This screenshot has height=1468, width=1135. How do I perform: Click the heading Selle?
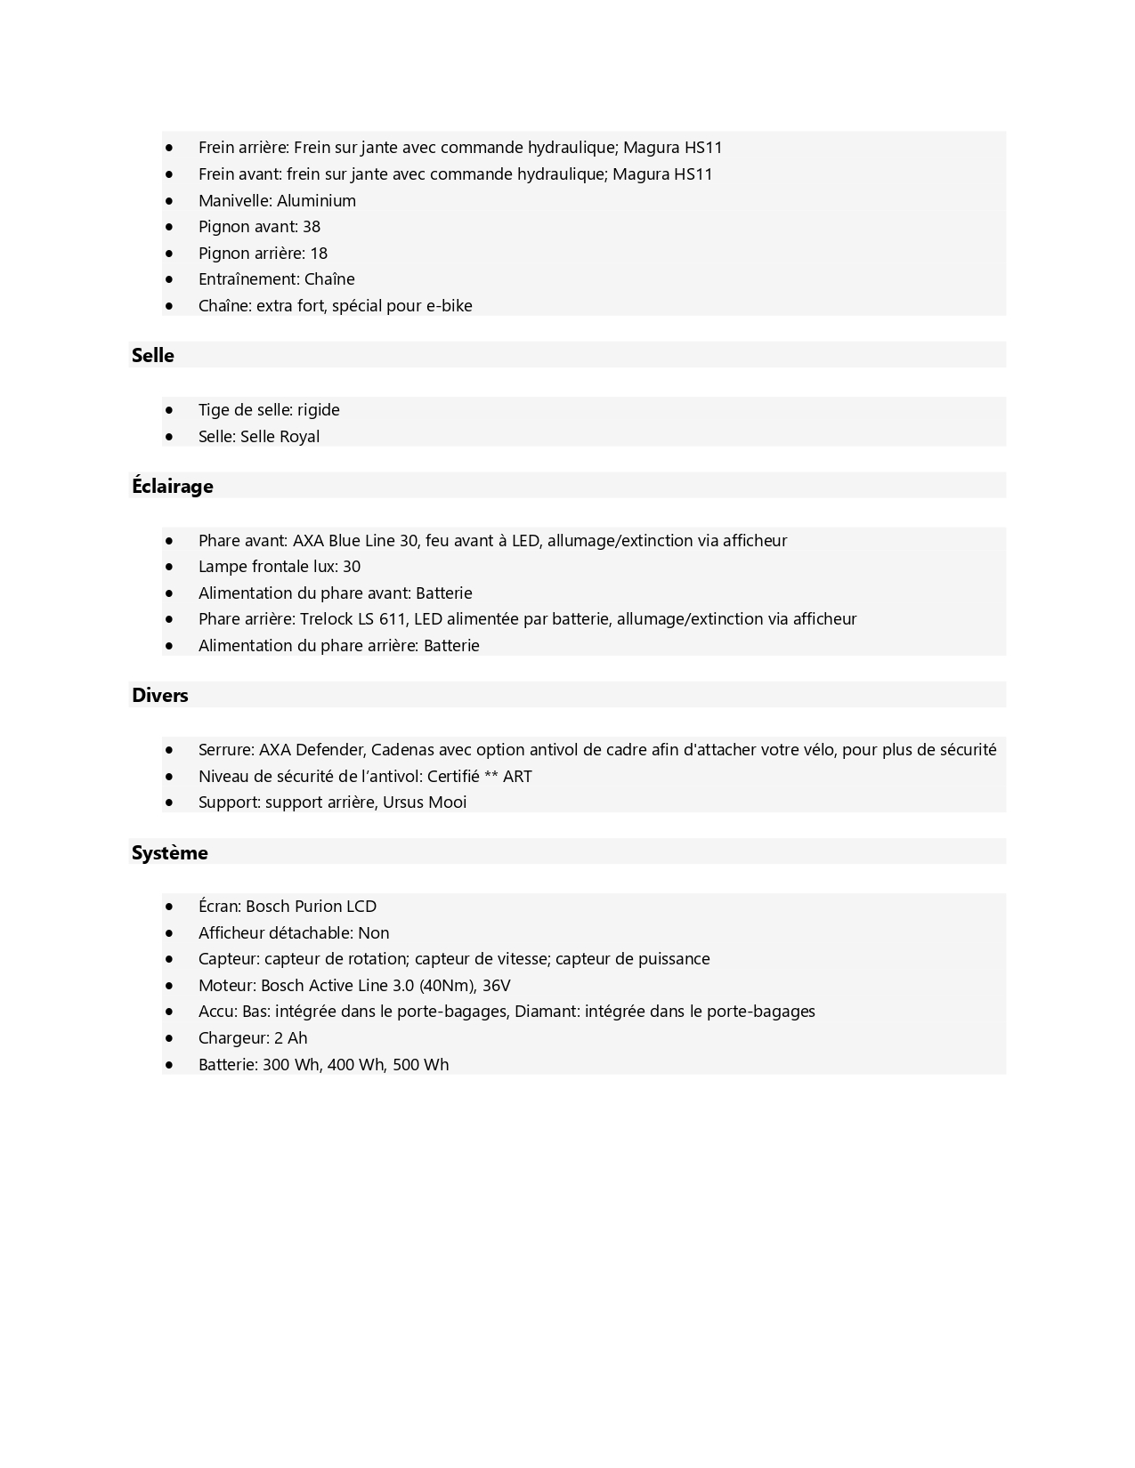click(x=153, y=356)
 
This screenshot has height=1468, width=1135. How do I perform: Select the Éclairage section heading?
click(x=173, y=487)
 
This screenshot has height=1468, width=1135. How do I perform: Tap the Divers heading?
click(x=160, y=696)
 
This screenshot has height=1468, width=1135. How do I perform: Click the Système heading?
click(x=170, y=853)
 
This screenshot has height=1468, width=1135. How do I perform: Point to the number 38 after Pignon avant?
click(x=311, y=227)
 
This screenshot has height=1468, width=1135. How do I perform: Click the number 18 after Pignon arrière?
click(x=318, y=254)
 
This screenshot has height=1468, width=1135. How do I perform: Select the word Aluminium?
click(x=316, y=201)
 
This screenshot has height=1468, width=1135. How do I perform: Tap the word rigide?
click(x=319, y=410)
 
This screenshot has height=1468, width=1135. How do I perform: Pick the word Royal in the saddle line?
click(x=300, y=437)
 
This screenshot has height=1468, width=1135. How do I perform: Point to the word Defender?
click(x=329, y=750)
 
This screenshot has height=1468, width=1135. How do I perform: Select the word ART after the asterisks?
click(x=517, y=777)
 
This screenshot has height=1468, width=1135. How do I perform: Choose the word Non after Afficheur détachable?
click(x=373, y=933)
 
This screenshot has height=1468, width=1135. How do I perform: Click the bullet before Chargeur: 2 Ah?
click(x=169, y=1038)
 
